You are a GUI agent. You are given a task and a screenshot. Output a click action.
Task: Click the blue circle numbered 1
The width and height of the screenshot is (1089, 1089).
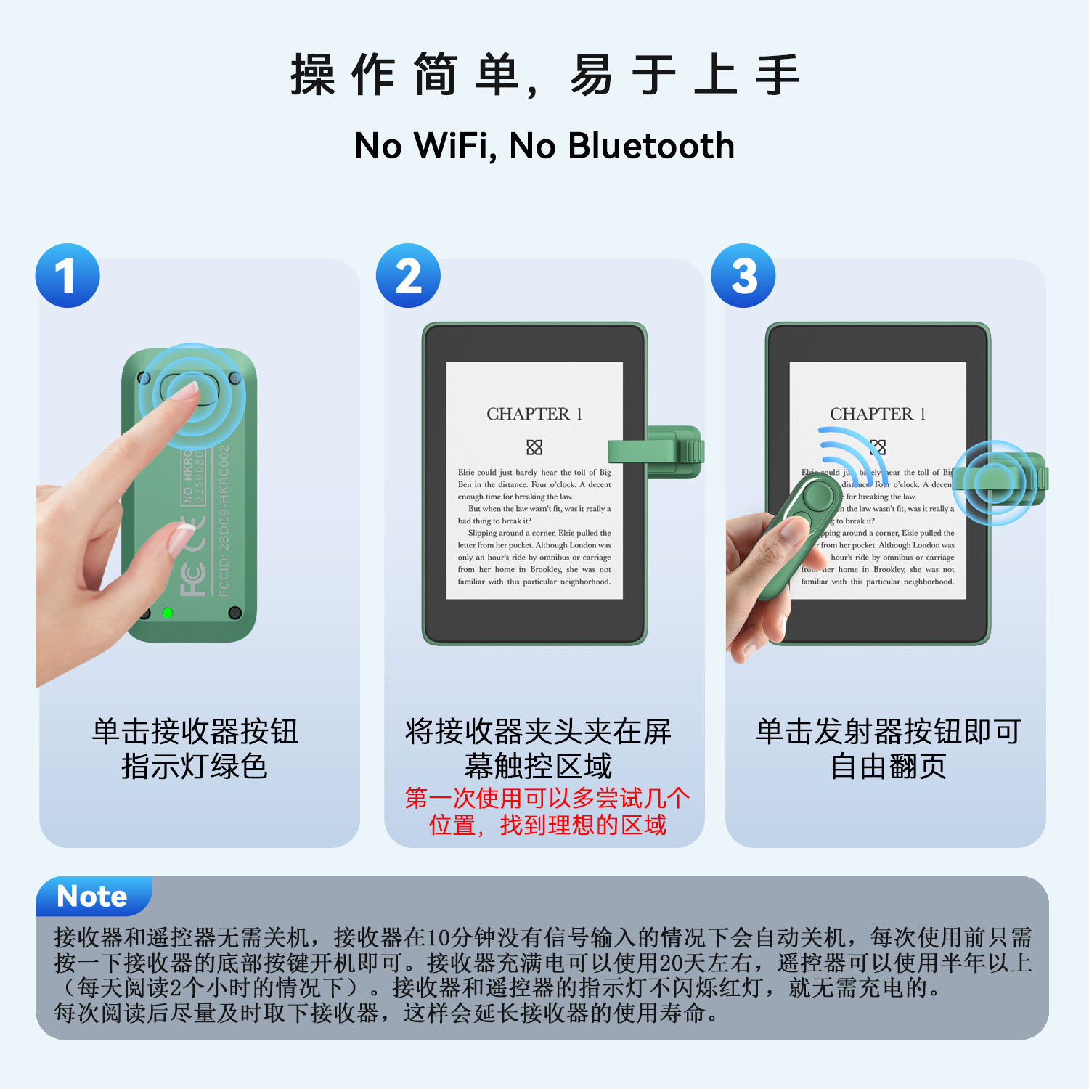click(68, 276)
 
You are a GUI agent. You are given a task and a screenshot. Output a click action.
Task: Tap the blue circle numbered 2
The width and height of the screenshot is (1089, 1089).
click(408, 276)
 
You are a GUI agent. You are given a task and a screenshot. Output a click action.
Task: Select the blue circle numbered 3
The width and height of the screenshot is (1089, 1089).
click(743, 276)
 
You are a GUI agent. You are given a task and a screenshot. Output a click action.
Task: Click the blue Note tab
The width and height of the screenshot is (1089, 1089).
click(92, 897)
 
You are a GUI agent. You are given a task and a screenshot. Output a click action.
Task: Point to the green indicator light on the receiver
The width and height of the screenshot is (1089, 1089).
click(167, 613)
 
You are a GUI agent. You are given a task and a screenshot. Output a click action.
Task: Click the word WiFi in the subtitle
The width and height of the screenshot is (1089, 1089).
click(455, 145)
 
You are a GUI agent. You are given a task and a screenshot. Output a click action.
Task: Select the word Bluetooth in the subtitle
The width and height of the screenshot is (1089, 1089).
click(651, 145)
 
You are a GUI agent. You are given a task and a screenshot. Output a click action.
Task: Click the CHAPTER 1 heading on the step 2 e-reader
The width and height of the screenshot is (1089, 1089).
click(534, 414)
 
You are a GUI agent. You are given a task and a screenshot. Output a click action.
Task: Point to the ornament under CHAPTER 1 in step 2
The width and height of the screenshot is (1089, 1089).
click(534, 446)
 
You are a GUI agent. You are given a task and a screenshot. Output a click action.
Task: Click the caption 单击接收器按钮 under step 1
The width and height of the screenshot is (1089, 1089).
click(195, 731)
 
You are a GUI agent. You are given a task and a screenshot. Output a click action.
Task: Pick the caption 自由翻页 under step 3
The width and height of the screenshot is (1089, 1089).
click(888, 766)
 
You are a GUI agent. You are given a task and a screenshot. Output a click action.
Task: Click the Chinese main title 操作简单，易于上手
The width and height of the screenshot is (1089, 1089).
click(544, 75)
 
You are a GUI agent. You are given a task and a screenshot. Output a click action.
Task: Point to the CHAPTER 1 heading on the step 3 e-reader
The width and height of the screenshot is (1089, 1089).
click(878, 414)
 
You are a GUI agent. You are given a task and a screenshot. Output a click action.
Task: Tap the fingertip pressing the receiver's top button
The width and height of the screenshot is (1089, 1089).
click(190, 392)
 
